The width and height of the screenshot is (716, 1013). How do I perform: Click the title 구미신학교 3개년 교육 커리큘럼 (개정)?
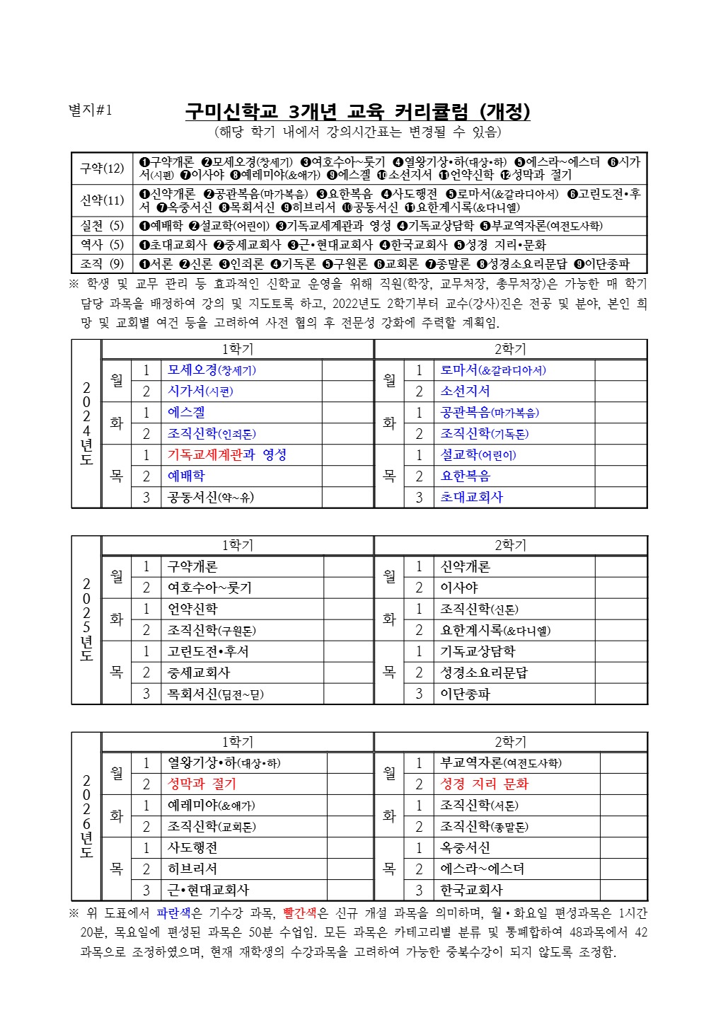click(x=357, y=112)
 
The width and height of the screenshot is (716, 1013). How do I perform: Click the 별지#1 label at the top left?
click(x=90, y=110)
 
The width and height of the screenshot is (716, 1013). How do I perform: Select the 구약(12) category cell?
click(x=102, y=168)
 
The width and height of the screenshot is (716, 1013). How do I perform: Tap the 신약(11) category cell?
click(x=102, y=200)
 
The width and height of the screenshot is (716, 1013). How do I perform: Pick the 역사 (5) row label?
click(x=102, y=244)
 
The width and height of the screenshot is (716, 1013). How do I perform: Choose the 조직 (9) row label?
click(x=102, y=263)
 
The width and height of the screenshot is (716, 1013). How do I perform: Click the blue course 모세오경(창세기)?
click(x=212, y=370)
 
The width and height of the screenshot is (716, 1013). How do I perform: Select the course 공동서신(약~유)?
click(x=210, y=498)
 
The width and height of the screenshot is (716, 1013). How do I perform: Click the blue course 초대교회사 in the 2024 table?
click(x=471, y=498)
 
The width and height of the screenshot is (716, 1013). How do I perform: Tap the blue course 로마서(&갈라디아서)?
click(x=493, y=370)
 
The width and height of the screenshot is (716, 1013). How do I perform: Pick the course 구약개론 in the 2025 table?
click(x=192, y=566)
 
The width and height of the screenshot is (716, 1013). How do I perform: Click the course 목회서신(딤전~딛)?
click(x=215, y=694)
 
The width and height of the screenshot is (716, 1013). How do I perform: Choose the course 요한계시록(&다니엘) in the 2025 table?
click(x=495, y=630)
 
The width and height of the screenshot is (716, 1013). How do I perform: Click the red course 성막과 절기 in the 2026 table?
click(x=202, y=784)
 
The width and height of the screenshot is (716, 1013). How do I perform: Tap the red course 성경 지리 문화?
click(x=484, y=784)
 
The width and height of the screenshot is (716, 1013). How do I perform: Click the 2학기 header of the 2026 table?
click(x=510, y=742)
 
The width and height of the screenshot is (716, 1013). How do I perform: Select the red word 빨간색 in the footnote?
click(x=299, y=913)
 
